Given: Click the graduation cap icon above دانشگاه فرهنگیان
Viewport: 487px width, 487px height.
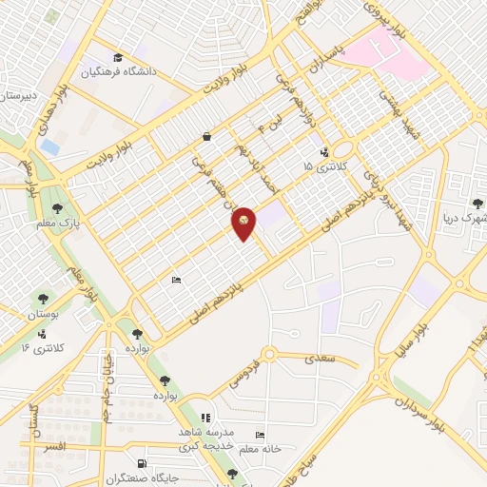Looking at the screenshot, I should (x=117, y=57).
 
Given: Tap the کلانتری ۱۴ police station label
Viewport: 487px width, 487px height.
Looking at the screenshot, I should (x=43, y=348).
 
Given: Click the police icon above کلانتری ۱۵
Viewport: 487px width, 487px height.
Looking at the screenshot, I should (x=324, y=151).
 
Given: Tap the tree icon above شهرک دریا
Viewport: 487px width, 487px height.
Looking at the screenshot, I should (x=478, y=201).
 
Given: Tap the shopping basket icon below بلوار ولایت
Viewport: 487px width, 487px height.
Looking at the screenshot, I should (x=206, y=137).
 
